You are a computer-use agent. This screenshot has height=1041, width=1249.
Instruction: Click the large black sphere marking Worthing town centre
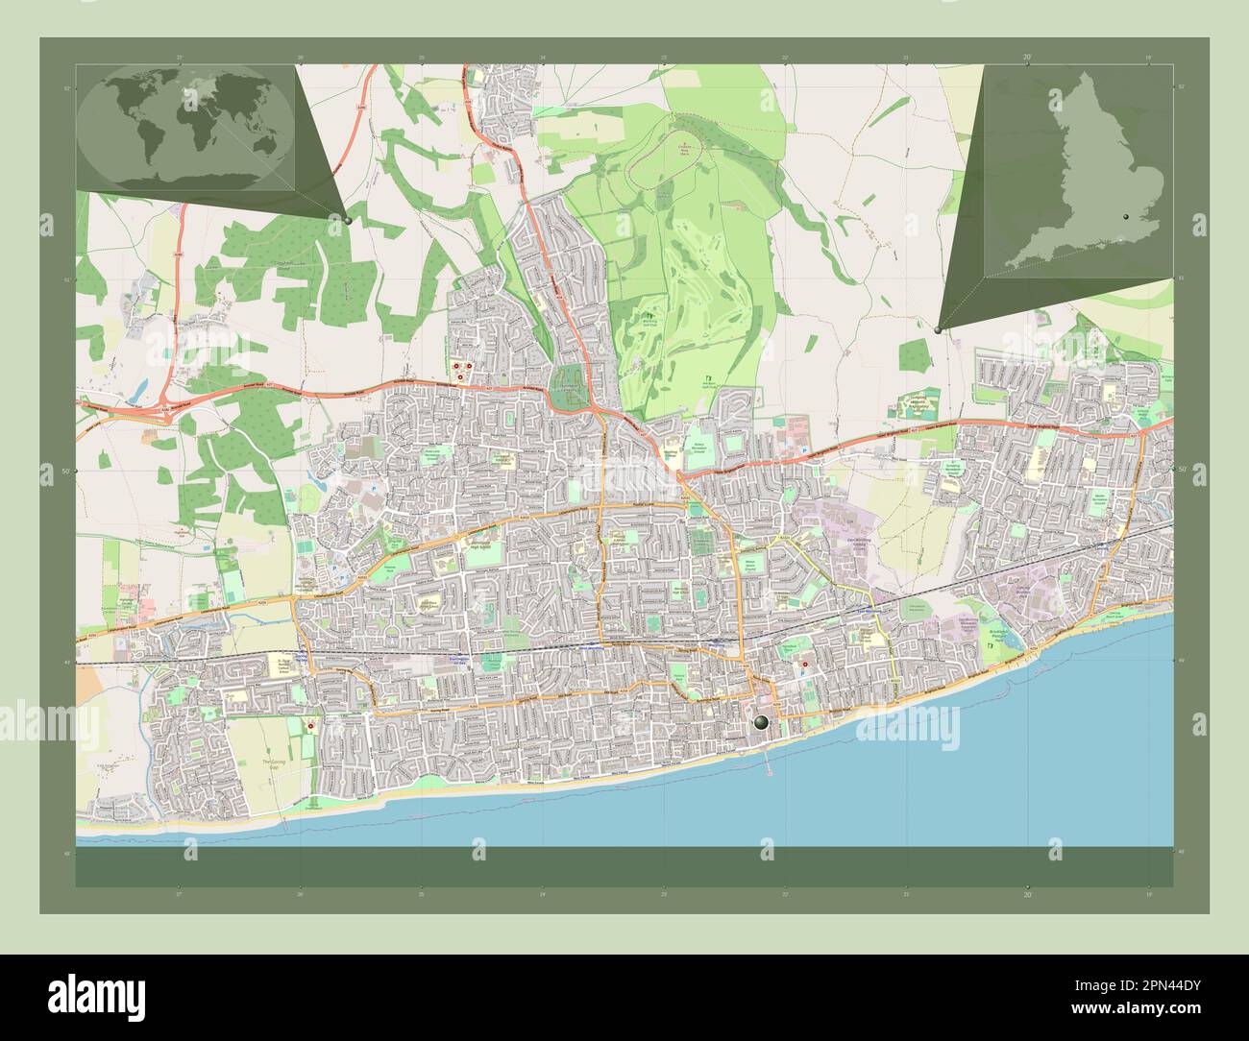[762, 722]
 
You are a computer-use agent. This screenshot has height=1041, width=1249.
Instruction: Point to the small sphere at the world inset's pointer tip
[347, 220]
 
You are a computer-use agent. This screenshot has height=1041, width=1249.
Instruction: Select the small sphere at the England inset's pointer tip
[938, 328]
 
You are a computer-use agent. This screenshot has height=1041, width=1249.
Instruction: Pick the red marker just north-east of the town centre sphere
[803, 665]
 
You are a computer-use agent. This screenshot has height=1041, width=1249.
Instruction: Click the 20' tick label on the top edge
[1027, 59]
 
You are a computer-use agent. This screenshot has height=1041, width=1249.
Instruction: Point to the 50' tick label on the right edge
[1181, 471]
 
